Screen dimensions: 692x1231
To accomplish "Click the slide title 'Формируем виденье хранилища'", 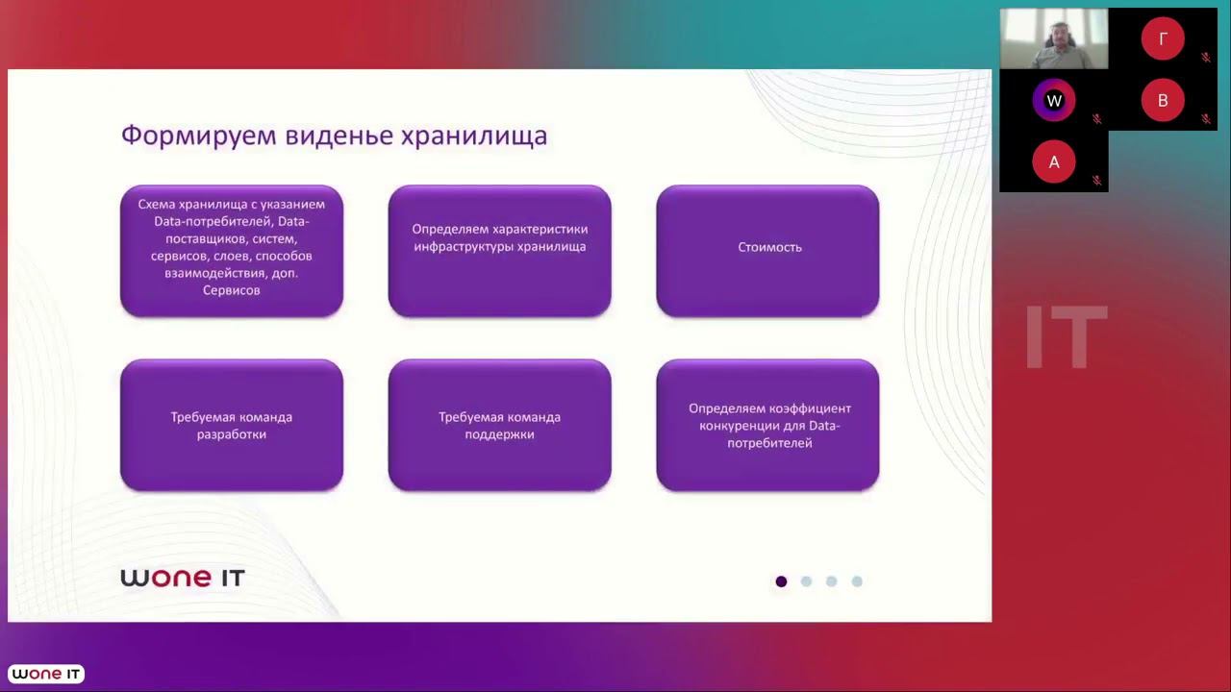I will point(334,135).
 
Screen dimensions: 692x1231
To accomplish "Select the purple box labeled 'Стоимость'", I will point(767,250).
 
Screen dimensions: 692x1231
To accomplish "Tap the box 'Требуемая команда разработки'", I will point(232,425).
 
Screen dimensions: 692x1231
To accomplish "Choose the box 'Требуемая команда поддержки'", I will point(499,425).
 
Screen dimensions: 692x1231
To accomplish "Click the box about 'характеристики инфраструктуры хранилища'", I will point(499,250).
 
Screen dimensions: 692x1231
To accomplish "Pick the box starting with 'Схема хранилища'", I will point(232,250).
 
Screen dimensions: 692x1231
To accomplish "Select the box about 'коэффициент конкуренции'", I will point(767,425).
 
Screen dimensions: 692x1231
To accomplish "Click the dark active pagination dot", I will point(781,581).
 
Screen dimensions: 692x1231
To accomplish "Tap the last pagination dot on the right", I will point(857,581).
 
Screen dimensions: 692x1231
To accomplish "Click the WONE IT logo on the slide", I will point(183,578).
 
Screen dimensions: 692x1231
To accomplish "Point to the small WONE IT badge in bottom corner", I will point(47,675).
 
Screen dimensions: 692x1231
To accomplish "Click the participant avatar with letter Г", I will point(1163,39).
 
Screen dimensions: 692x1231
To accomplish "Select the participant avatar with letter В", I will point(1163,101).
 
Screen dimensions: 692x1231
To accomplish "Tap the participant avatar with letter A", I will point(1054,162).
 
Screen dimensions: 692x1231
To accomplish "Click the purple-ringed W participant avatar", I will point(1054,101).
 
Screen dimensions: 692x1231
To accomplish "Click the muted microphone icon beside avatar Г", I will point(1206,58).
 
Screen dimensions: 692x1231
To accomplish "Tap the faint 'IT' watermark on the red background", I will point(1066,338).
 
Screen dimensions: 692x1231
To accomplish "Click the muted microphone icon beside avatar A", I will point(1096,180).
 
